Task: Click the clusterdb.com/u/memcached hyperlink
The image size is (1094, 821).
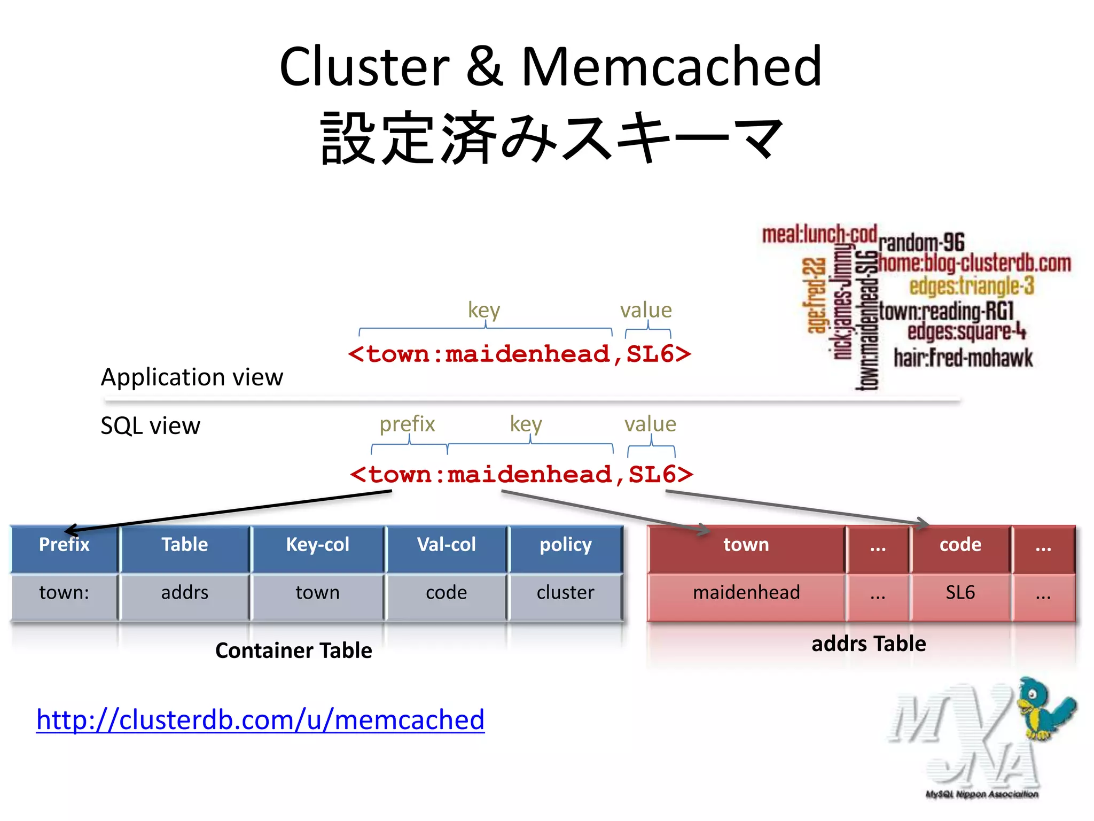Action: [x=260, y=719]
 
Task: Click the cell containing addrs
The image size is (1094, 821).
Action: [x=185, y=593]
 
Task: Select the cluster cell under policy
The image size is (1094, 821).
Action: [x=565, y=593]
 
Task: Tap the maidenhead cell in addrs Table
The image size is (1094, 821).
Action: [x=746, y=593]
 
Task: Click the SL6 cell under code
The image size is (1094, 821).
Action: [x=960, y=593]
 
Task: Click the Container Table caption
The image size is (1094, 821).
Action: [x=293, y=650]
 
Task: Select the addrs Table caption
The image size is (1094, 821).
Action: [x=869, y=644]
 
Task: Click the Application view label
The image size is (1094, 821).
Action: [x=192, y=377]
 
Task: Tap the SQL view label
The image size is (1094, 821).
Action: [x=150, y=426]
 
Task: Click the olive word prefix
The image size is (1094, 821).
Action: [x=407, y=424]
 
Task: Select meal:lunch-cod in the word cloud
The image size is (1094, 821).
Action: [x=819, y=235]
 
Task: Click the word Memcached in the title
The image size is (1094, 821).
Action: [x=671, y=67]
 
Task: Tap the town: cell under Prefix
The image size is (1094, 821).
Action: [x=64, y=593]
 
